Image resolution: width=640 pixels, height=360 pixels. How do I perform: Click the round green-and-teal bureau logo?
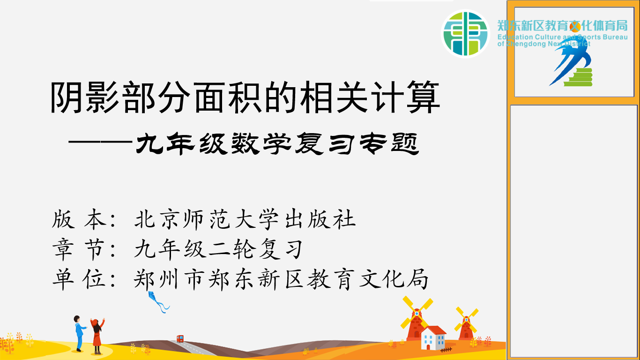point(465,33)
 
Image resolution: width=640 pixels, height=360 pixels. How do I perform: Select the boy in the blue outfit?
point(80,333)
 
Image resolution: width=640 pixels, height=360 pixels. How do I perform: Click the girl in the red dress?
point(97,335)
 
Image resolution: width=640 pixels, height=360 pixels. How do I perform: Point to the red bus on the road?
point(180,339)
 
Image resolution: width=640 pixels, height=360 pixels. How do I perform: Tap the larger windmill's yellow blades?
point(417,314)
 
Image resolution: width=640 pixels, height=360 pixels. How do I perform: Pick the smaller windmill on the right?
point(466,323)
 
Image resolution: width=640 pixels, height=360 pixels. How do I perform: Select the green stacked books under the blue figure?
point(578,77)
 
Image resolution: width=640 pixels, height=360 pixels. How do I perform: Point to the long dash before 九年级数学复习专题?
point(100,142)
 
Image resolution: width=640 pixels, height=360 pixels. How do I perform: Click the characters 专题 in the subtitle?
point(389,144)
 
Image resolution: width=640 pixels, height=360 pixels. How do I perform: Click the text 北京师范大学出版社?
point(245,219)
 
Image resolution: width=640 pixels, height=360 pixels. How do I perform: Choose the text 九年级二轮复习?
point(218,249)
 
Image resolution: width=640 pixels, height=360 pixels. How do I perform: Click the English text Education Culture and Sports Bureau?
point(562,37)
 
